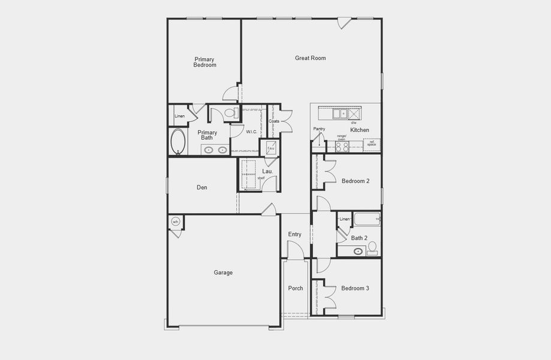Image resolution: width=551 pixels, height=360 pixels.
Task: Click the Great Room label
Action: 310,58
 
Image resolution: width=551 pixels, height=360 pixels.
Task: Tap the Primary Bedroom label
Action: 204,62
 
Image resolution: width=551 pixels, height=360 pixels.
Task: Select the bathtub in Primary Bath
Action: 178,142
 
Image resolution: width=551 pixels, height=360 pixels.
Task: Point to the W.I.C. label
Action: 252,131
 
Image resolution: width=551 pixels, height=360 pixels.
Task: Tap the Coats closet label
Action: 274,121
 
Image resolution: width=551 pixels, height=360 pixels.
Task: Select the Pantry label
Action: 319,128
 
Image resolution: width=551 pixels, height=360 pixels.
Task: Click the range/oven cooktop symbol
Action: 342,146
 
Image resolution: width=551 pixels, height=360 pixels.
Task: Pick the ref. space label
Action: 372,144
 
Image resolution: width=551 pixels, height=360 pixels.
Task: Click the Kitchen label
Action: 360,130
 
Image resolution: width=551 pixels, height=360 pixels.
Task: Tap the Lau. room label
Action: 267,172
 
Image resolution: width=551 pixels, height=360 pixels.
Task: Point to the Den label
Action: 202,187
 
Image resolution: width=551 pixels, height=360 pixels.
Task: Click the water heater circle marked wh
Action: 176,222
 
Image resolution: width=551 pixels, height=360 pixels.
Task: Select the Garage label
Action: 223,272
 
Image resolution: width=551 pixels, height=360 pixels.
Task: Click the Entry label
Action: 295,234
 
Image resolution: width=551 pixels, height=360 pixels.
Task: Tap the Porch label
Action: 296,288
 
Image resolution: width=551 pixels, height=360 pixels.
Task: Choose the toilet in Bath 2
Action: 372,246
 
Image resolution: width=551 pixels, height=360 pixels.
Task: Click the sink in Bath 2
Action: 358,251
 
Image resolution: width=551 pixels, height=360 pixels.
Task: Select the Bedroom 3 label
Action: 355,288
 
